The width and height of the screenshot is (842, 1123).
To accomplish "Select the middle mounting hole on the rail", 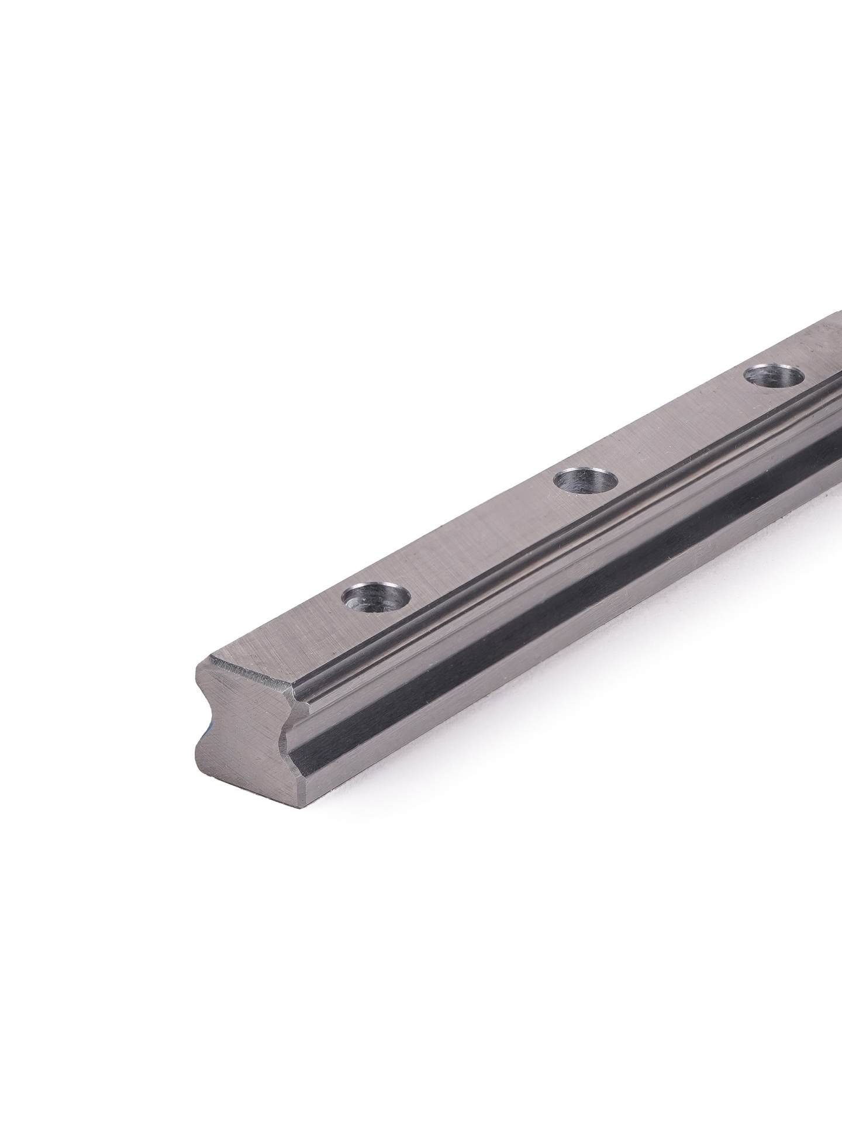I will click(x=586, y=481).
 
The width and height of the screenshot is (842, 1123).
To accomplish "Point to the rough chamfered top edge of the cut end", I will click(x=251, y=673).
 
